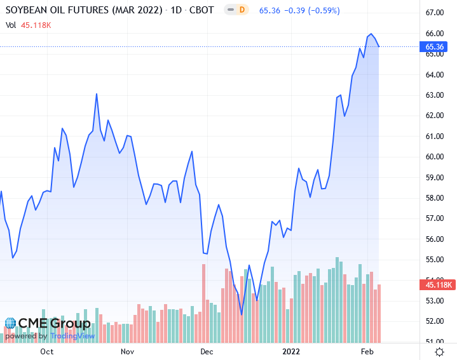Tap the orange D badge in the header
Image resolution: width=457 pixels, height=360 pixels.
pos(242,11)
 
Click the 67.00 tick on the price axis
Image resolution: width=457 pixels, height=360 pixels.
pos(435,13)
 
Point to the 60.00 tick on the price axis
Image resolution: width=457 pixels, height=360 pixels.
pos(435,157)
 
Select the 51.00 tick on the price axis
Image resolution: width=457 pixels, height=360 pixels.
pos(435,342)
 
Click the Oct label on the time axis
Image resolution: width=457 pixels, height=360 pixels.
pos(46,351)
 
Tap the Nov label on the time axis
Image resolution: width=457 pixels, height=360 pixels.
pos(127,351)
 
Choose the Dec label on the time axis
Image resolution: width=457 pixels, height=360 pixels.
pos(206,351)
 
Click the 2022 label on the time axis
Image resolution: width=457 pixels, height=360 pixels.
pos(290,351)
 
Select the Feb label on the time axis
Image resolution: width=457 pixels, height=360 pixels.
pos(368,351)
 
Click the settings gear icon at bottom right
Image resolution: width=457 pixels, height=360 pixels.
pos(439,351)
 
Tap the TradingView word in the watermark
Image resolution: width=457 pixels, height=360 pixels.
pos(72,336)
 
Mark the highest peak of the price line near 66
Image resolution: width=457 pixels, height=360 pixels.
pos(371,34)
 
